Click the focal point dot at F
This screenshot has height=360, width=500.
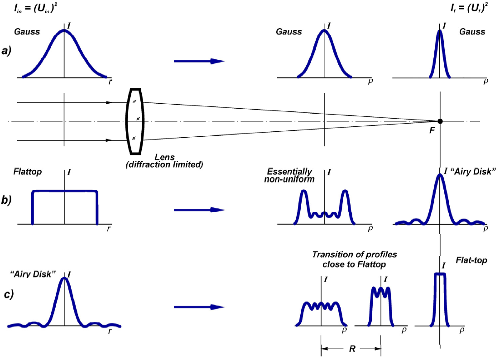click(x=440, y=121)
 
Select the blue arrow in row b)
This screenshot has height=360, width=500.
click(x=199, y=210)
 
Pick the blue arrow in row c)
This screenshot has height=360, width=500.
click(x=199, y=307)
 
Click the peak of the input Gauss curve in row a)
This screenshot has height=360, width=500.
click(x=64, y=30)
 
